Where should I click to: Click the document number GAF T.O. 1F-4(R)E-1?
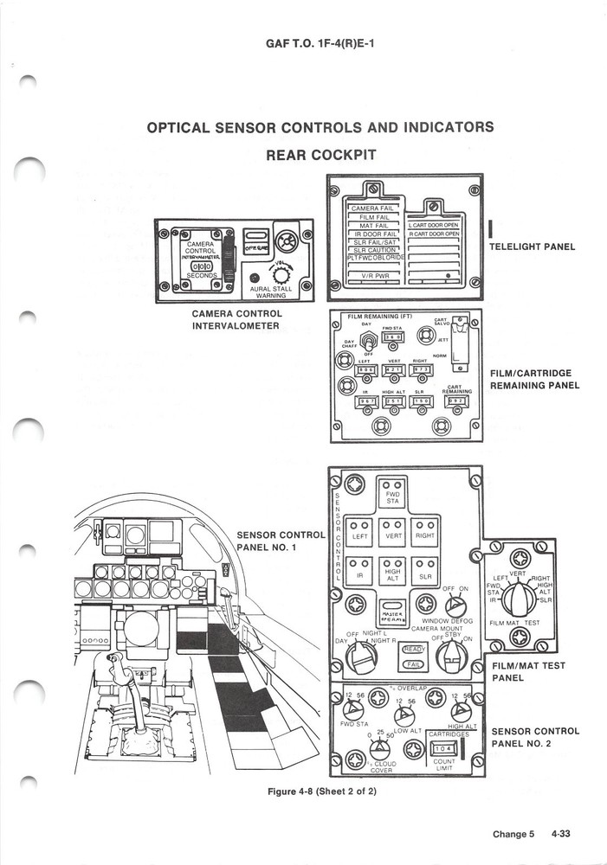(320, 41)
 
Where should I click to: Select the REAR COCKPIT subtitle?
(320, 155)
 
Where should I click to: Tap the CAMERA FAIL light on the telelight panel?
(373, 208)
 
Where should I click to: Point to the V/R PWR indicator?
(373, 277)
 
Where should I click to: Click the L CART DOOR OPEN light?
(434, 224)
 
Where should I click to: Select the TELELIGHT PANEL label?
(532, 247)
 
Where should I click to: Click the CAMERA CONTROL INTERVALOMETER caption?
(236, 319)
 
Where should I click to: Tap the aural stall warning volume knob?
(283, 273)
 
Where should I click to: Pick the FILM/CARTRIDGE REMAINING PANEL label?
(534, 379)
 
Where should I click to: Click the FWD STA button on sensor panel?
(392, 494)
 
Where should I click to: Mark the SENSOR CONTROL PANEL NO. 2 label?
(535, 737)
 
